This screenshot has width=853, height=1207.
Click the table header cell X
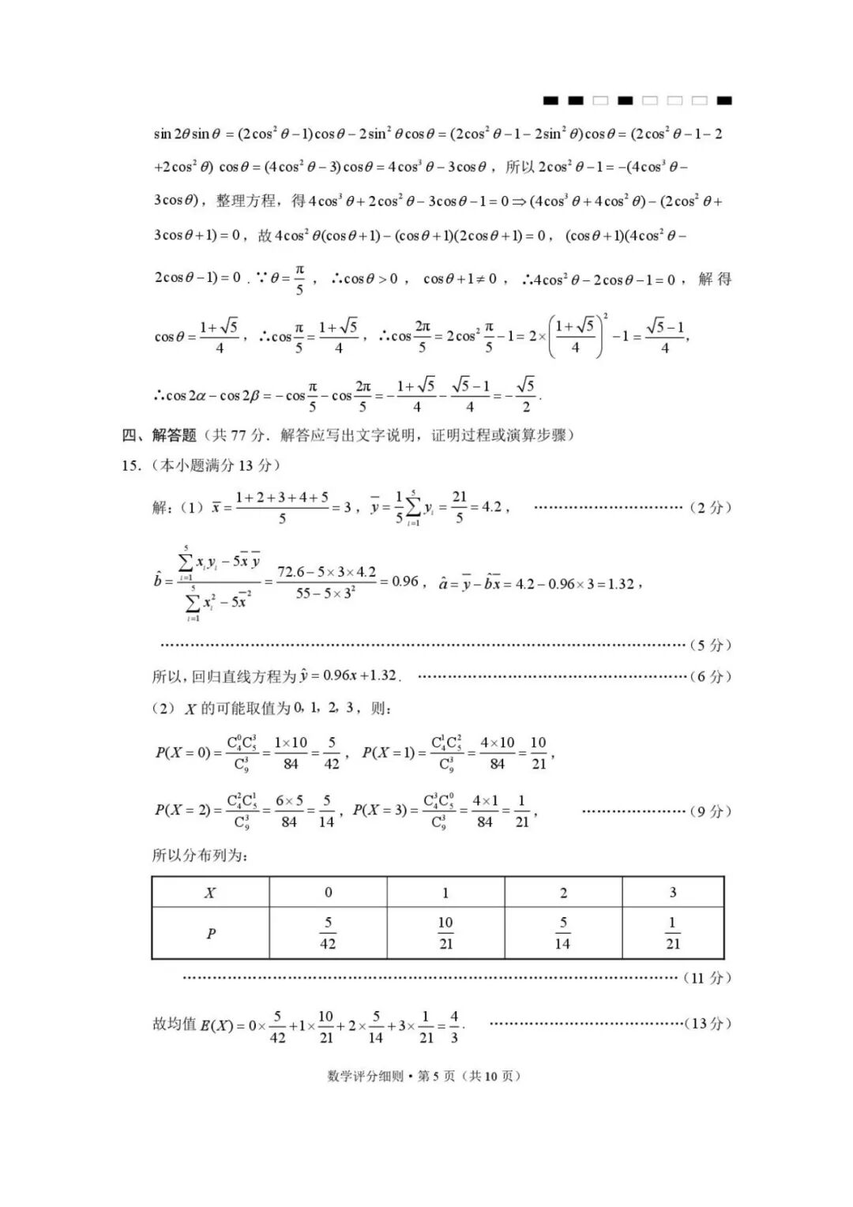click(x=210, y=893)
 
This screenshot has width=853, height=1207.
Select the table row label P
click(x=211, y=934)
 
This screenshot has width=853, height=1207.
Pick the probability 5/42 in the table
click(x=328, y=933)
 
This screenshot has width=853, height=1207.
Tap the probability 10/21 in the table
click(x=445, y=933)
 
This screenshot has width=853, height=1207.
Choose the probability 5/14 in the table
click(x=562, y=933)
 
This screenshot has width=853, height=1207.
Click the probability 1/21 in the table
click(x=672, y=933)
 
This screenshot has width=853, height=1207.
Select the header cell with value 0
click(x=328, y=893)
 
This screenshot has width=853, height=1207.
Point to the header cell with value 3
click(x=672, y=893)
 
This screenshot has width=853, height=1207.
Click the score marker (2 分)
click(x=711, y=507)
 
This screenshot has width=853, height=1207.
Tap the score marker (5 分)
click(x=711, y=645)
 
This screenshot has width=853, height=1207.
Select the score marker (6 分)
click(x=711, y=676)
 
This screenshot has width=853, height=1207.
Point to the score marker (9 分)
click(x=711, y=811)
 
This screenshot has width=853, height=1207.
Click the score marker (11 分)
click(x=708, y=978)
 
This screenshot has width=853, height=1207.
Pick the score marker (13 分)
click(x=708, y=1024)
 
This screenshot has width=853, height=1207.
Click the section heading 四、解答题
click(x=159, y=435)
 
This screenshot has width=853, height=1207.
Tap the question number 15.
click(x=131, y=466)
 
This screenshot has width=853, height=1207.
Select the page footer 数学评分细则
click(x=365, y=1076)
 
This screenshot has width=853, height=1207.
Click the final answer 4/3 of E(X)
click(x=454, y=1026)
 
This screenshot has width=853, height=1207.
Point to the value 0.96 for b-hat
click(x=404, y=582)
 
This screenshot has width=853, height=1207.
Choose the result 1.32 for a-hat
click(x=621, y=584)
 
